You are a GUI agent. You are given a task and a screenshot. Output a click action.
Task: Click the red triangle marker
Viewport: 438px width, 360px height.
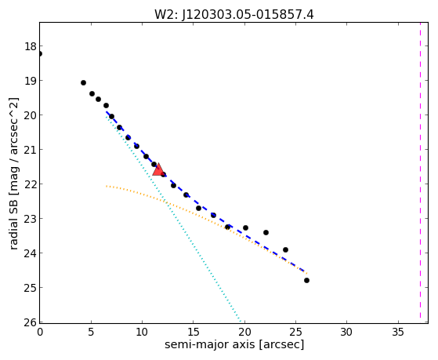[158, 170]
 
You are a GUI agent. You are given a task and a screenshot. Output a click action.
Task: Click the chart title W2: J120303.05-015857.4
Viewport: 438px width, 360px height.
[234, 15]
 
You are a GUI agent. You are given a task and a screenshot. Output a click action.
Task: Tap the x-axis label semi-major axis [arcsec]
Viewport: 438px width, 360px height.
[234, 344]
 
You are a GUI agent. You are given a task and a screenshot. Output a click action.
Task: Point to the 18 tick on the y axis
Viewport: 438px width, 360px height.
[31, 46]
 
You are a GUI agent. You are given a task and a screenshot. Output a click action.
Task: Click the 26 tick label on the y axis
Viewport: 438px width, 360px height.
[31, 322]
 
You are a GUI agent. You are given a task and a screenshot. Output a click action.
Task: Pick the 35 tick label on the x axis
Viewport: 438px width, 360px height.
[398, 332]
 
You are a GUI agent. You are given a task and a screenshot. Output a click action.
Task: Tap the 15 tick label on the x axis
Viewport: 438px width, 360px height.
[194, 332]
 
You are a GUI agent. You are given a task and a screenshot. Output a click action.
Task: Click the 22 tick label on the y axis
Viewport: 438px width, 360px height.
[31, 184]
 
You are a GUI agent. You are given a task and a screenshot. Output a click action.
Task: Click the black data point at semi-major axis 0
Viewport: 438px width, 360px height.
[40, 53]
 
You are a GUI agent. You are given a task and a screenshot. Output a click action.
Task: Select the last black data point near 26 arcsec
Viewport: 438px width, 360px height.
[306, 280]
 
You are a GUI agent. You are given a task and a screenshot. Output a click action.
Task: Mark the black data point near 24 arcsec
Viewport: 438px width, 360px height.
[285, 249]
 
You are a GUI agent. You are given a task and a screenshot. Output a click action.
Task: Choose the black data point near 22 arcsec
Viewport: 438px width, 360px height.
[266, 232]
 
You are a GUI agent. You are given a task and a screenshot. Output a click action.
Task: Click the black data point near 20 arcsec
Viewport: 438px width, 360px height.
[245, 227]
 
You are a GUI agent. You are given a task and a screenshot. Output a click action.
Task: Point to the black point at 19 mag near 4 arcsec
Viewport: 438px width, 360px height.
[83, 82]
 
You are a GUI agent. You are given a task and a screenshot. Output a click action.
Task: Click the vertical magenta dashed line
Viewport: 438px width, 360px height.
[420, 170]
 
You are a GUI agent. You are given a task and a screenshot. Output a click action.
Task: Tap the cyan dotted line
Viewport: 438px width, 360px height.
[173, 218]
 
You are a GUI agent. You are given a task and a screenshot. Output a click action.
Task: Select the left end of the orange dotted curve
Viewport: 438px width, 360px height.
[107, 186]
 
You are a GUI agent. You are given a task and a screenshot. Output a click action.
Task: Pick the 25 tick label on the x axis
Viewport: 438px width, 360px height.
[295, 332]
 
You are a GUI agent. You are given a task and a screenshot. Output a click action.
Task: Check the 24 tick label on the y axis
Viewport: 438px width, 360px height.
[31, 253]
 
